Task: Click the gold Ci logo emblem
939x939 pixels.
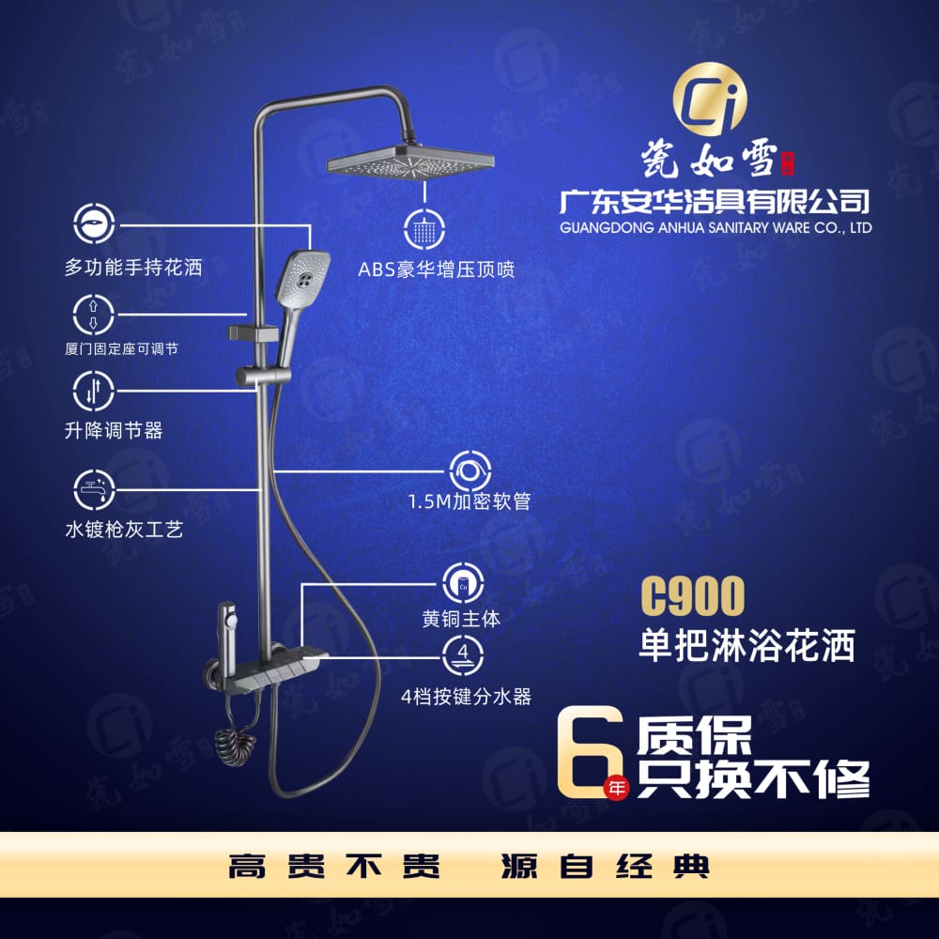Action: (710, 99)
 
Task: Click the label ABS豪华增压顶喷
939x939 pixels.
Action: (436, 269)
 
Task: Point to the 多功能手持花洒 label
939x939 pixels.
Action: (133, 267)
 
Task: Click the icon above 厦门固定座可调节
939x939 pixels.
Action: (93, 315)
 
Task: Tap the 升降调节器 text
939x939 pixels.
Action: (114, 430)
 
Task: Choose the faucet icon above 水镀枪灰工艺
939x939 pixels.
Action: (93, 489)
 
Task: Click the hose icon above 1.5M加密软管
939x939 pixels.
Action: (470, 471)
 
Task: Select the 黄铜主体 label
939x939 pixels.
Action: (461, 619)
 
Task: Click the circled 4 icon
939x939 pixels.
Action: (463, 654)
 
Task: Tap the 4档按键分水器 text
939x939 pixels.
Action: (466, 697)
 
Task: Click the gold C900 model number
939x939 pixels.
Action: (693, 595)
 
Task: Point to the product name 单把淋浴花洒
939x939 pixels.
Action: (747, 645)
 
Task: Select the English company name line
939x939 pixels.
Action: (716, 227)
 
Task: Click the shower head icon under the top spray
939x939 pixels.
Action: (424, 229)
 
